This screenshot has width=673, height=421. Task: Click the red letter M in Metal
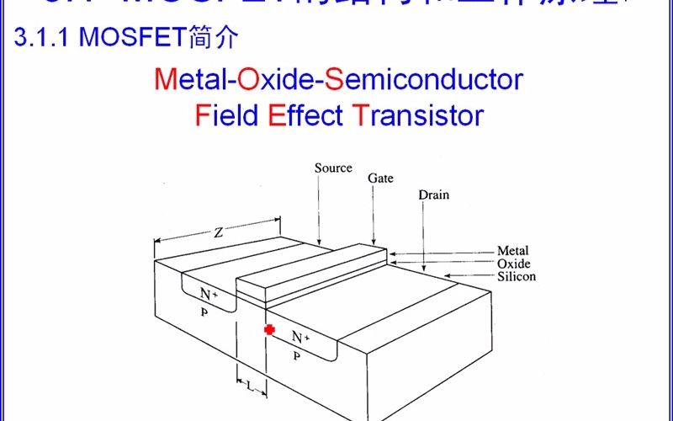click(x=165, y=80)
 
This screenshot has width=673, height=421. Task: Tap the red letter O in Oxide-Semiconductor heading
click(x=249, y=80)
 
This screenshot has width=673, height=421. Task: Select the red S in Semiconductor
click(x=335, y=80)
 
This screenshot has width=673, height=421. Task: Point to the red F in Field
click(x=201, y=115)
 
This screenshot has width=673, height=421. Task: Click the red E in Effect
click(x=277, y=115)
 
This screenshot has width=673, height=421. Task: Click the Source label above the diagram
click(x=333, y=168)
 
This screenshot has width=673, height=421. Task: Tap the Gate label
click(x=380, y=179)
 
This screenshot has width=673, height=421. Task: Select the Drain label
click(x=434, y=195)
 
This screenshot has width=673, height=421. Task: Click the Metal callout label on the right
click(x=513, y=251)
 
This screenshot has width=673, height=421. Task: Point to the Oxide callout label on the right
click(x=514, y=264)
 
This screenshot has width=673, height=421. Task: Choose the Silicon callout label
click(x=517, y=276)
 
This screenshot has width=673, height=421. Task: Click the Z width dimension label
click(x=218, y=233)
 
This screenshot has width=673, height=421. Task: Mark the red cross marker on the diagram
click(x=269, y=330)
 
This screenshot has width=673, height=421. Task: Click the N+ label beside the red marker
click(x=300, y=338)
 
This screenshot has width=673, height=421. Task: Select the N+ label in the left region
click(x=209, y=295)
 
